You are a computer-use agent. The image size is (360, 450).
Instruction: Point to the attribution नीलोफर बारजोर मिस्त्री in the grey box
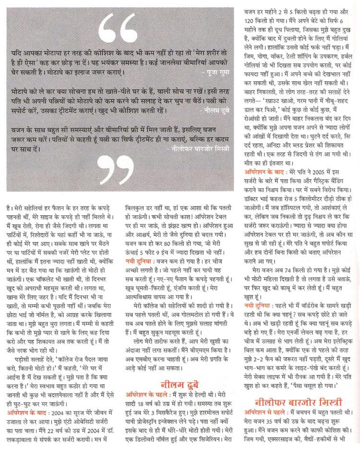pos(195,148)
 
